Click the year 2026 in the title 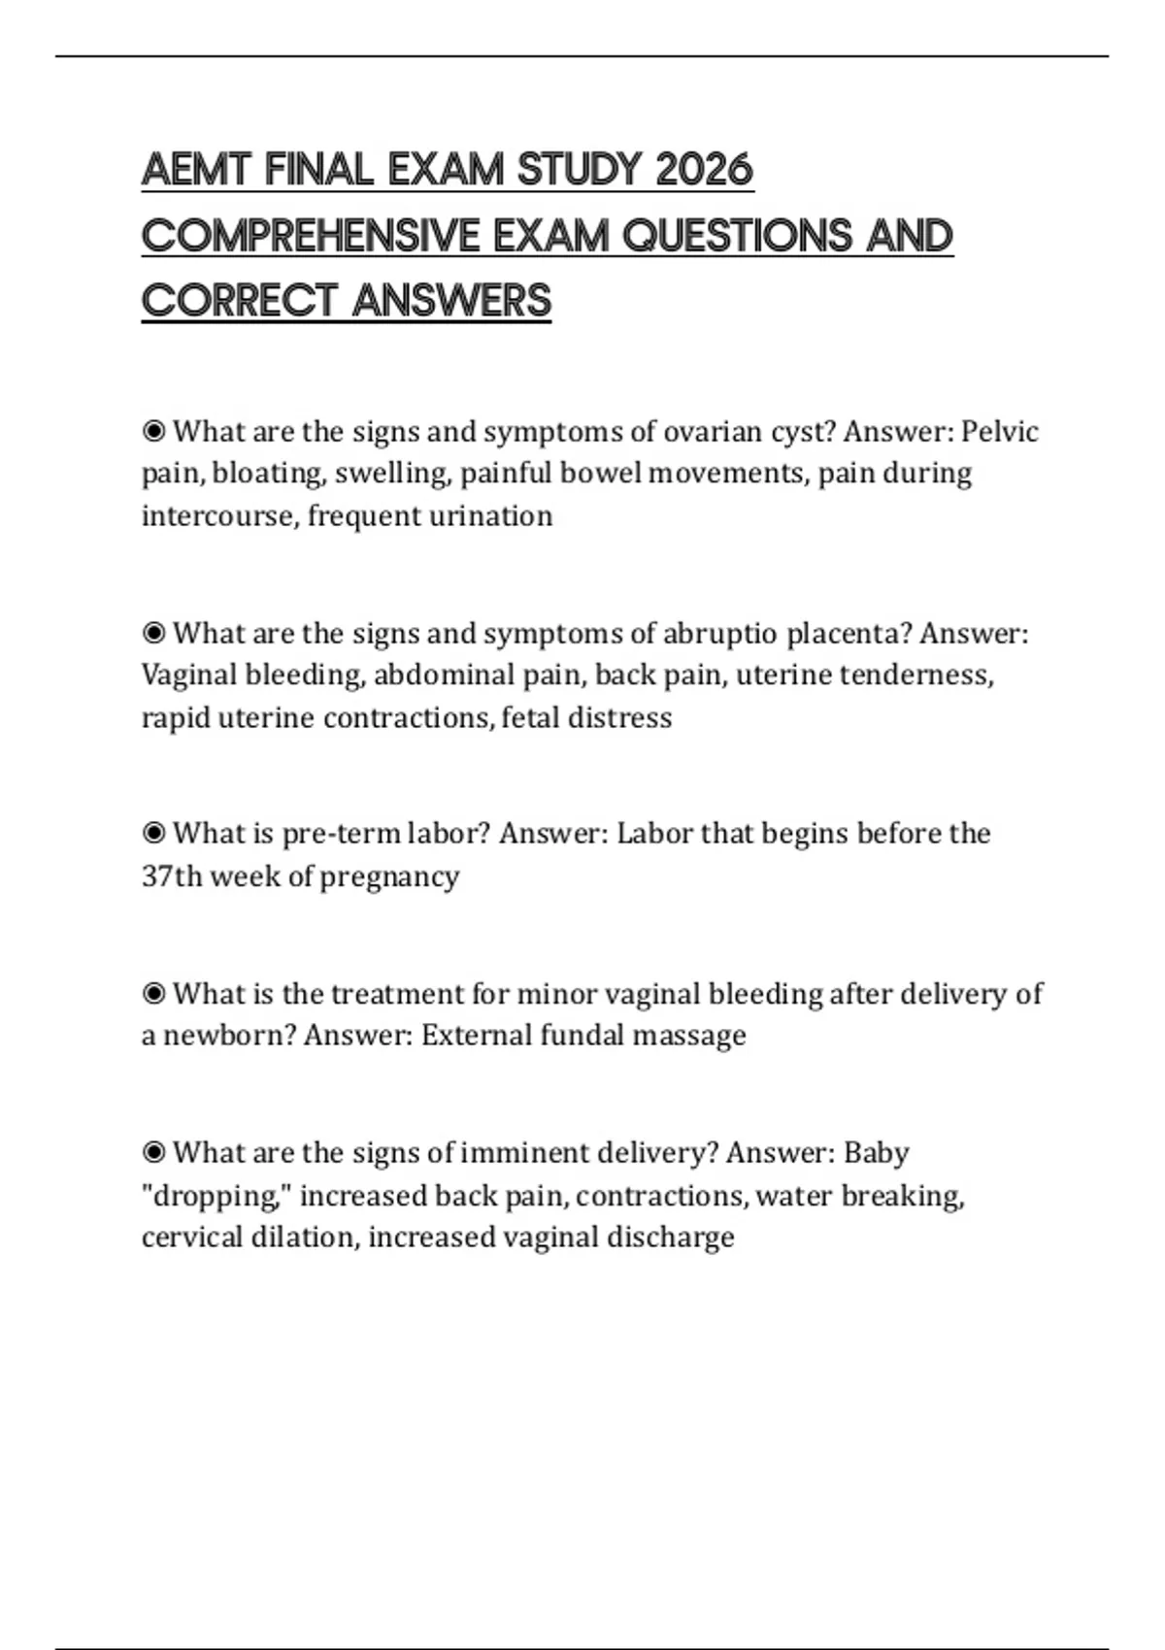click(x=704, y=170)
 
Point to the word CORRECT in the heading click(x=239, y=301)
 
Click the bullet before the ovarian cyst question click(x=153, y=431)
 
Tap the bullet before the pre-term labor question click(x=153, y=833)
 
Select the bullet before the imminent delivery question click(x=153, y=1152)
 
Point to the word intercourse click(x=219, y=515)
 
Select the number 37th click(x=172, y=875)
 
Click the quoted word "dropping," click(x=216, y=1195)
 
